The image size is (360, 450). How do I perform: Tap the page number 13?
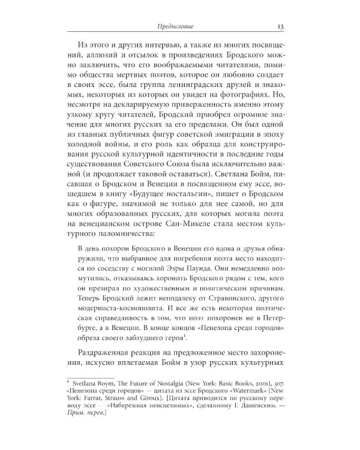click(x=281, y=26)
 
